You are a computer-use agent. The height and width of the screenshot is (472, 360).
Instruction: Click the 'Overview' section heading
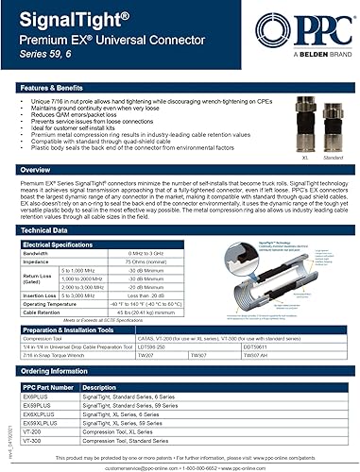point(37,171)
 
